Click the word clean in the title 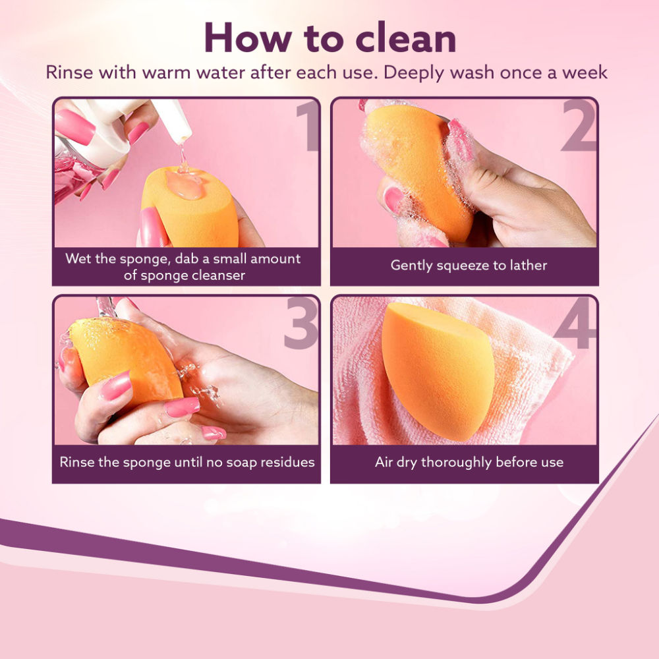[x=406, y=38]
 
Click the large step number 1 [x=308, y=125]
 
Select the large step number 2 [x=579, y=125]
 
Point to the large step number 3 [x=301, y=323]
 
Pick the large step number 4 [x=575, y=323]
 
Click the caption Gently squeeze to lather [x=469, y=265]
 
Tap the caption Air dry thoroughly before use [x=469, y=463]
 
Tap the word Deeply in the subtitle [x=414, y=73]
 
